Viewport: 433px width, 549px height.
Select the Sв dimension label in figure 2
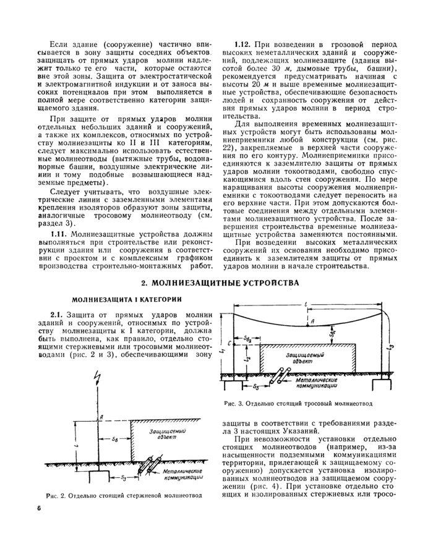point(115,440)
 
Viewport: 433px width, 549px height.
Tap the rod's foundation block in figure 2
point(95,475)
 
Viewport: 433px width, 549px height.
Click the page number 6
point(38,509)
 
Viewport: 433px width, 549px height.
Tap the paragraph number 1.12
point(242,45)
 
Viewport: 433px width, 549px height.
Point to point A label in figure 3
point(314,321)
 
